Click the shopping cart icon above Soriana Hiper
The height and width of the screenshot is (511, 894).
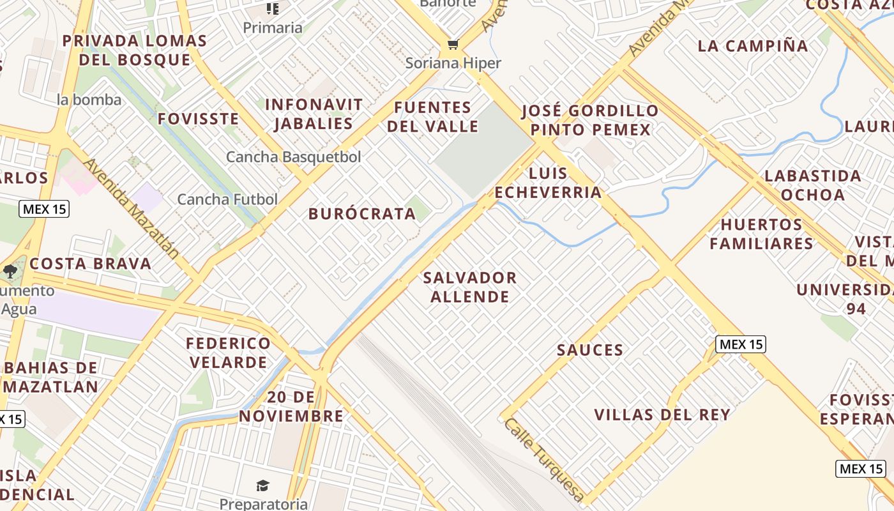pos(453,44)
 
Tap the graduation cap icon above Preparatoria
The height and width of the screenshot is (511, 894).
pos(262,486)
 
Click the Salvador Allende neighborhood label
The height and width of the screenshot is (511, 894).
pos(470,287)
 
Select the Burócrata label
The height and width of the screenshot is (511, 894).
pos(362,214)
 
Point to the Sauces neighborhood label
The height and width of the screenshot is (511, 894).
pos(590,350)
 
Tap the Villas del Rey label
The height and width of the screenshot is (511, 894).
pos(662,415)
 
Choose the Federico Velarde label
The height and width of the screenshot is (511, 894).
pos(228,353)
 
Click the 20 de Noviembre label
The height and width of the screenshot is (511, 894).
pos(291,407)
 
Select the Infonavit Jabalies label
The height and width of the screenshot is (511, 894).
pos(314,114)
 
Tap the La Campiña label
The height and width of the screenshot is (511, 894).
pos(753,46)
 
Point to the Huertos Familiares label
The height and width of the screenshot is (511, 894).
pos(761,234)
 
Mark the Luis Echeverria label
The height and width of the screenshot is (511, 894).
pos(548,183)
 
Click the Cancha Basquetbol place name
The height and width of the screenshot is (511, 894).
pos(294,156)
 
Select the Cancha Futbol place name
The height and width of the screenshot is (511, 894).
pos(227,199)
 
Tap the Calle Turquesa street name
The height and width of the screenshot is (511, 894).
pos(543,459)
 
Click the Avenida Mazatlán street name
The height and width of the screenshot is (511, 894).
pos(132,208)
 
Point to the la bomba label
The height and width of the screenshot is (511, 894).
pos(89,100)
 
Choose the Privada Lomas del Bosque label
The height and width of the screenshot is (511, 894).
pos(135,50)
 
